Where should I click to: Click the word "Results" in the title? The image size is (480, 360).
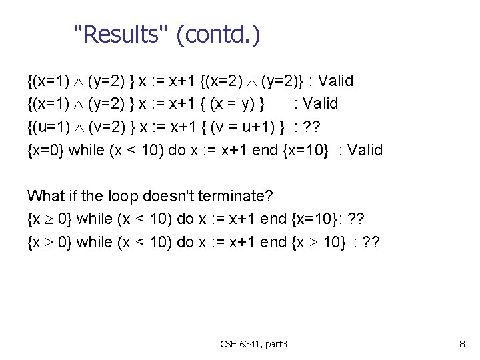click(120, 34)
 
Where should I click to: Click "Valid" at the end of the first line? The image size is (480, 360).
click(335, 81)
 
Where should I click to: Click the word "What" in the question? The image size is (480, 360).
click(45, 197)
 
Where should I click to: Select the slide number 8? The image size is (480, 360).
click(462, 344)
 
